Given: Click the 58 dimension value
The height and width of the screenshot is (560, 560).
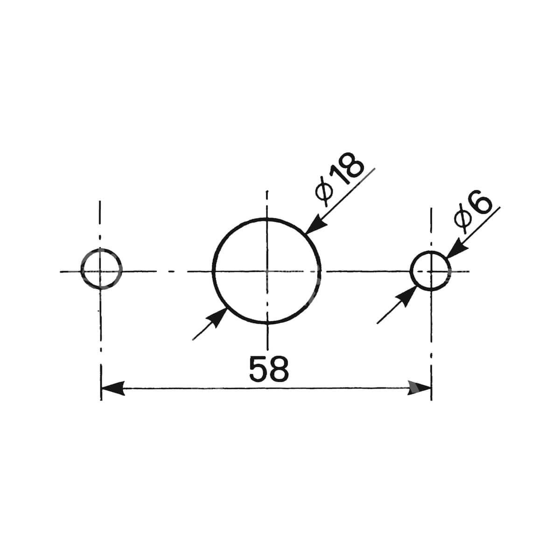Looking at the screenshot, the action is pyautogui.click(x=269, y=369).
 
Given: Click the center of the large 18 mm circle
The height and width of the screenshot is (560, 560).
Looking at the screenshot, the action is pyautogui.click(x=267, y=271).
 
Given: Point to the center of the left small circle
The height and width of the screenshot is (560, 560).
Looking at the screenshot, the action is pyautogui.click(x=100, y=271).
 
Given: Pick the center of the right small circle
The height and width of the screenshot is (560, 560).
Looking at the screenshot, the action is pyautogui.click(x=431, y=271).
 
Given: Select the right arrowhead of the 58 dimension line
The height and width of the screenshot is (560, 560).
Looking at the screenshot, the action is pyautogui.click(x=419, y=388).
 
